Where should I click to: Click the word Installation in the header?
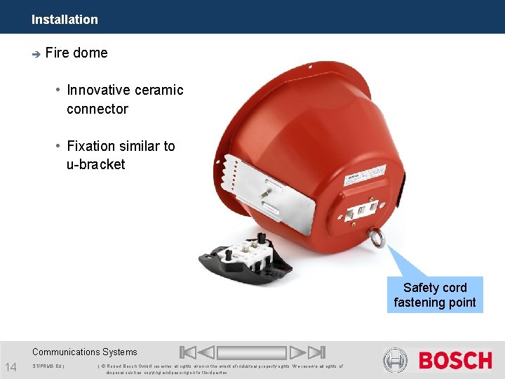pos(65,20)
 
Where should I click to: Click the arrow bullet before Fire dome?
pos(36,53)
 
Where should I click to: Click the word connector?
pos(97,109)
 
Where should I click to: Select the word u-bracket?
pos(96,164)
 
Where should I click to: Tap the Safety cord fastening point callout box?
pos(435,295)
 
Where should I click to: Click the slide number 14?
pos(11,366)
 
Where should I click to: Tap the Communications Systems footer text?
pos(85,352)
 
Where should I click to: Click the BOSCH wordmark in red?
pos(455,361)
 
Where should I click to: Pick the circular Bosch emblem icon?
pos(395,361)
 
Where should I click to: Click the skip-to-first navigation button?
pos(187,352)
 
